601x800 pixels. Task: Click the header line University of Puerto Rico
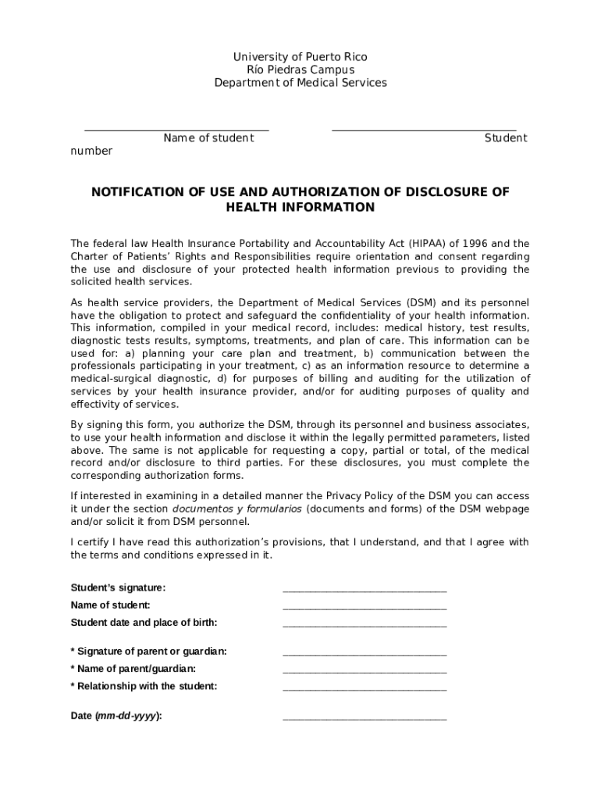[x=300, y=57]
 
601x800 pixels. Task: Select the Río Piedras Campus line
[x=300, y=70]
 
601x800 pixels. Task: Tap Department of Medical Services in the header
[x=300, y=83]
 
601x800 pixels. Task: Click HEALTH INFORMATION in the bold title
[x=300, y=208]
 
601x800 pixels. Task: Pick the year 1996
[x=482, y=244]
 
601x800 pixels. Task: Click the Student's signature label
[x=118, y=588]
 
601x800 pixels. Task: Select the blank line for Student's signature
[x=365, y=591]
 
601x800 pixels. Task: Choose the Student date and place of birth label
[x=144, y=623]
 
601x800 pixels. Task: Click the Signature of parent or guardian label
[x=149, y=652]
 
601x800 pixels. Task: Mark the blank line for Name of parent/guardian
[x=365, y=671]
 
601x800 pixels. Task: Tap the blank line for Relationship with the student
[x=365, y=689]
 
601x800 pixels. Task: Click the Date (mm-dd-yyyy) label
[x=116, y=716]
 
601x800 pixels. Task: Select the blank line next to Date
[x=365, y=719]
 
